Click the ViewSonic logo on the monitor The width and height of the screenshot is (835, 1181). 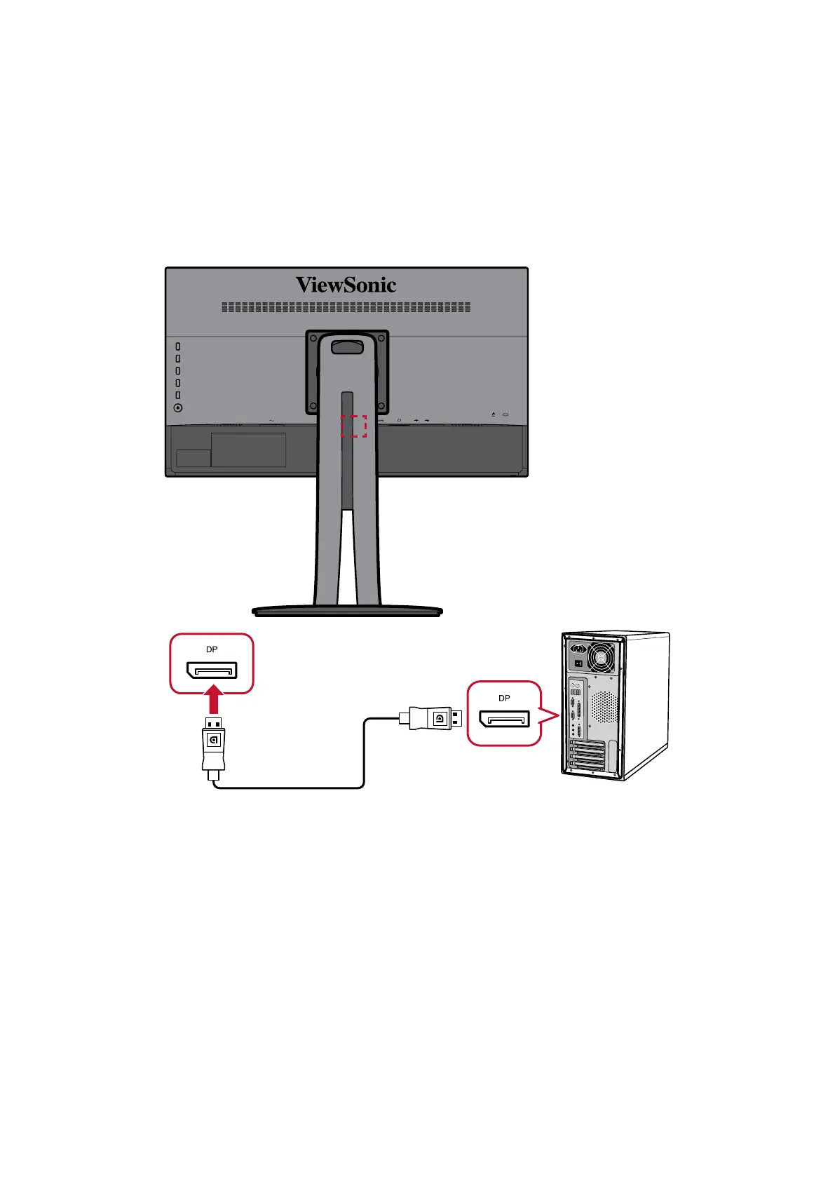pyautogui.click(x=346, y=285)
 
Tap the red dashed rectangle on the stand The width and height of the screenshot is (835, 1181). pyautogui.click(x=353, y=426)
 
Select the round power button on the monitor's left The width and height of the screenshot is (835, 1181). pyautogui.click(x=178, y=407)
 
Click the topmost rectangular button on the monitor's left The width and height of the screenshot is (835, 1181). pyautogui.click(x=178, y=346)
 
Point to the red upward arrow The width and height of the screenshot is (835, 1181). pyautogui.click(x=215, y=700)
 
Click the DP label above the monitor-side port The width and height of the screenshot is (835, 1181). pyautogui.click(x=212, y=649)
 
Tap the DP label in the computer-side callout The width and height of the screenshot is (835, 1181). pyautogui.click(x=504, y=698)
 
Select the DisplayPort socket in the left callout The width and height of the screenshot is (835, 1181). pyautogui.click(x=212, y=670)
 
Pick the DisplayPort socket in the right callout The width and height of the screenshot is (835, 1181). pyautogui.click(x=504, y=719)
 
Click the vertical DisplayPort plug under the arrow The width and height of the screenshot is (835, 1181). pyautogui.click(x=214, y=745)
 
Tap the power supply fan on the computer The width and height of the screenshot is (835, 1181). pyautogui.click(x=602, y=657)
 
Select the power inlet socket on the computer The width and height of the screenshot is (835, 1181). pyautogui.click(x=579, y=648)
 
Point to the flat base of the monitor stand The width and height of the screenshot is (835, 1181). pyautogui.click(x=347, y=611)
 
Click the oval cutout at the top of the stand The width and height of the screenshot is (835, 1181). pyautogui.click(x=347, y=346)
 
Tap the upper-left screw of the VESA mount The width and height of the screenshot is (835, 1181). pyautogui.click(x=313, y=338)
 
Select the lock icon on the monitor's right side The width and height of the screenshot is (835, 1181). pyautogui.click(x=493, y=414)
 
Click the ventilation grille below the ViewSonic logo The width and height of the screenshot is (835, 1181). pyautogui.click(x=346, y=307)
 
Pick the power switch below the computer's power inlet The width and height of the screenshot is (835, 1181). pyautogui.click(x=578, y=663)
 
